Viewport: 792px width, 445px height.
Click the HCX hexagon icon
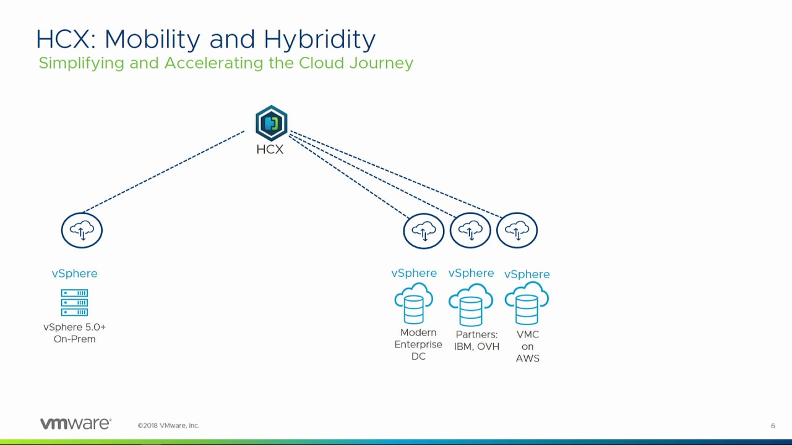coord(271,124)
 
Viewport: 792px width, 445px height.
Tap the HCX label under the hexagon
coord(270,150)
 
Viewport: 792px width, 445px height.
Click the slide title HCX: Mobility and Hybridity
coord(205,40)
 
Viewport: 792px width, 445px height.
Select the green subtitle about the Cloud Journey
coord(226,63)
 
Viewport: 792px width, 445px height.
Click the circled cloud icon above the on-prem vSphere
coord(82,231)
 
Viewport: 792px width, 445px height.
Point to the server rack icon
coord(74,303)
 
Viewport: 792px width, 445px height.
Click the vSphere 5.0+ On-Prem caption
coord(74,333)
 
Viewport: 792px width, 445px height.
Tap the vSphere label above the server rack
coord(74,273)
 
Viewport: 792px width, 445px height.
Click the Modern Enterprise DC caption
coord(418,344)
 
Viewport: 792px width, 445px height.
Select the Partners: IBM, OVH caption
coord(476,341)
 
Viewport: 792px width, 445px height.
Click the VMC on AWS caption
coord(527,346)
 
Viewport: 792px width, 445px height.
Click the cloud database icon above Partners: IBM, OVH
coord(471,305)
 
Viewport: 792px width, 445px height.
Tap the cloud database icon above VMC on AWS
coord(527,303)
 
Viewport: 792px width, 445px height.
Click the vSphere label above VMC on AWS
coord(527,274)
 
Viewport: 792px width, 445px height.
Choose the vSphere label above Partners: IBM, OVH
coord(471,273)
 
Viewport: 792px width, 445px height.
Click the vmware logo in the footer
coord(75,424)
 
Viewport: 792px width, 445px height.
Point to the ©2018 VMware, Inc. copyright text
coord(168,425)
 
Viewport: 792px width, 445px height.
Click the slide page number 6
coord(773,426)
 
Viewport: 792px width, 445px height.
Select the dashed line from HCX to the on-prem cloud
coord(164,171)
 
